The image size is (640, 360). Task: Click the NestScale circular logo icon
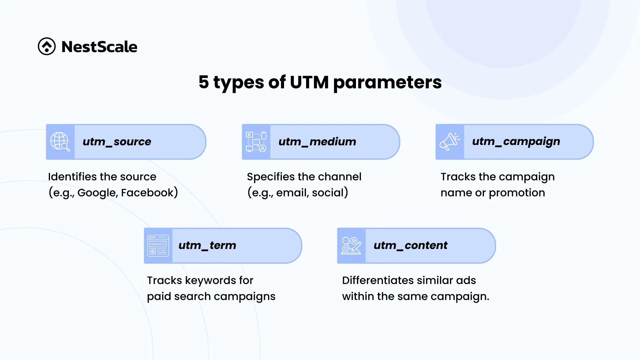47,46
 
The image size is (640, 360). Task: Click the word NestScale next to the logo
99,47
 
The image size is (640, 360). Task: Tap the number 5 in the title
204,82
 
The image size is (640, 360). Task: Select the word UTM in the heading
309,82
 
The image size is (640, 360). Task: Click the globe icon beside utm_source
60,142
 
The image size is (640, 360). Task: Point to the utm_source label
117,142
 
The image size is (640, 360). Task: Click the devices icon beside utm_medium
256,142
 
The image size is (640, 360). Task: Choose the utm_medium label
317,142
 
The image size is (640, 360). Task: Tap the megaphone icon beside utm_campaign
450,142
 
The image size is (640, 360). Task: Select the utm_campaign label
516,142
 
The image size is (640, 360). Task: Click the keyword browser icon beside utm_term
158,246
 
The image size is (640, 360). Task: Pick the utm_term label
207,245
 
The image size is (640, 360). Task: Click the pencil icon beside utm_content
351,246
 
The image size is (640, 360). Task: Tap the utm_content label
411,245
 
